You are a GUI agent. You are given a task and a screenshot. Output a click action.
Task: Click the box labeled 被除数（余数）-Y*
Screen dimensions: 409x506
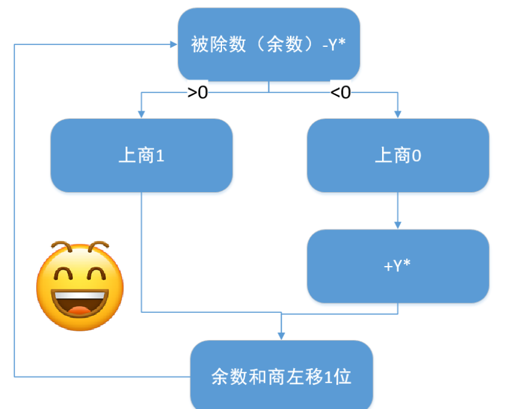coord(268,44)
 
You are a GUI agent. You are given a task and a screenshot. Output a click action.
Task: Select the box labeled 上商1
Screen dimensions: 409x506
coord(141,156)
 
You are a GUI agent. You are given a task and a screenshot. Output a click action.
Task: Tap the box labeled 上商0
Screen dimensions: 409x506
coord(398,156)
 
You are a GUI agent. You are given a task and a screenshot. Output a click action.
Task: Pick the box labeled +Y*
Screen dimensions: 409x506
coord(398,266)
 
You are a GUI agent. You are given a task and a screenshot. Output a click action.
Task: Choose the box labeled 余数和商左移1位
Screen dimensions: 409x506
coord(282,377)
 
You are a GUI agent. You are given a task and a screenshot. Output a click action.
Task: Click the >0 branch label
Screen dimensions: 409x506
coord(197,92)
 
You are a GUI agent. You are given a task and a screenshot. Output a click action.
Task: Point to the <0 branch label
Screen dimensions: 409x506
coord(341,92)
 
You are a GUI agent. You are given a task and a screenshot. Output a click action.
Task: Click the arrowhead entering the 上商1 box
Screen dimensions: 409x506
coord(141,114)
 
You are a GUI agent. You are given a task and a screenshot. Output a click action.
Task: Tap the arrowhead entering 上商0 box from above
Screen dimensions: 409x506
coord(398,114)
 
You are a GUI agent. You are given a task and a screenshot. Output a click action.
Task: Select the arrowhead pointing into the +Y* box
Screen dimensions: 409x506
coord(398,225)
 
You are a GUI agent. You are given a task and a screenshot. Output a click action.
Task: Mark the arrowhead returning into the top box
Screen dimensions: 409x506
coord(173,44)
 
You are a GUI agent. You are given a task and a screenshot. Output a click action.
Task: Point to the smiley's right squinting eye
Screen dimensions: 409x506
coord(96,276)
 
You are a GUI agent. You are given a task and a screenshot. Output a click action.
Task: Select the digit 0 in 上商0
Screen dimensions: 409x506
coord(416,156)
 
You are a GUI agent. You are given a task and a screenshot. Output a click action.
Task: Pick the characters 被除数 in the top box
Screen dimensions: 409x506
coord(211,45)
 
